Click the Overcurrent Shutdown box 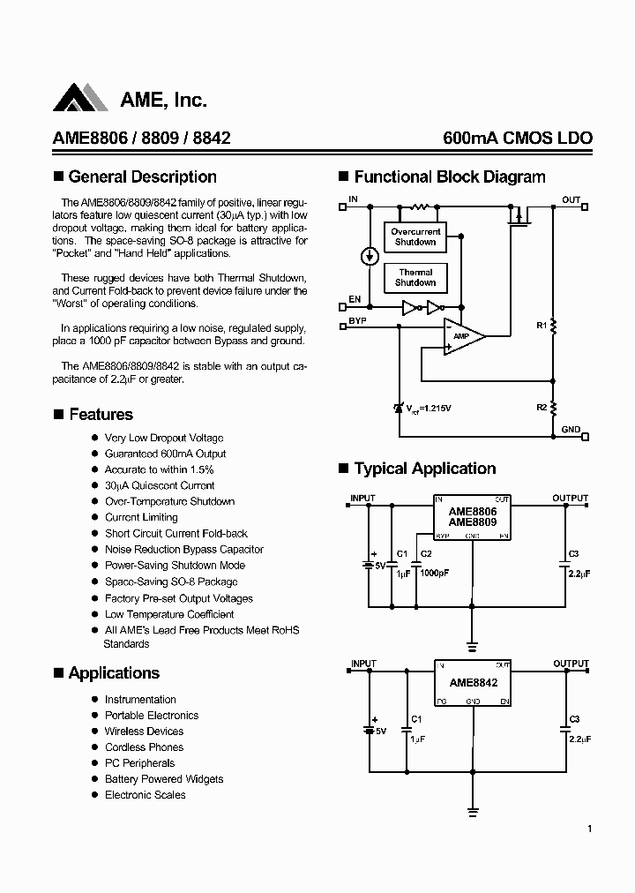click(x=415, y=237)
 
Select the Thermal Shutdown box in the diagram click(x=415, y=277)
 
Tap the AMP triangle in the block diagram click(x=464, y=336)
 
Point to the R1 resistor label click(x=542, y=326)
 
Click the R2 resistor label click(x=542, y=407)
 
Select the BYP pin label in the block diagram click(x=357, y=322)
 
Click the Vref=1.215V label click(x=429, y=408)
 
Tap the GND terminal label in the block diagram click(x=571, y=430)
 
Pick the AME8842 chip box click(x=472, y=683)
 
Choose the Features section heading click(x=101, y=415)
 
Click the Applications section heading click(x=114, y=673)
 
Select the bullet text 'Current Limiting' click(x=141, y=517)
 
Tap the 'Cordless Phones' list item click(x=144, y=747)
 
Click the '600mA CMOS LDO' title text click(x=518, y=139)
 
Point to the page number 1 click(x=589, y=829)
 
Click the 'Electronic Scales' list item click(x=145, y=795)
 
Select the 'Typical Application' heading click(x=424, y=469)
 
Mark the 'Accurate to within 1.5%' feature click(x=159, y=469)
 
